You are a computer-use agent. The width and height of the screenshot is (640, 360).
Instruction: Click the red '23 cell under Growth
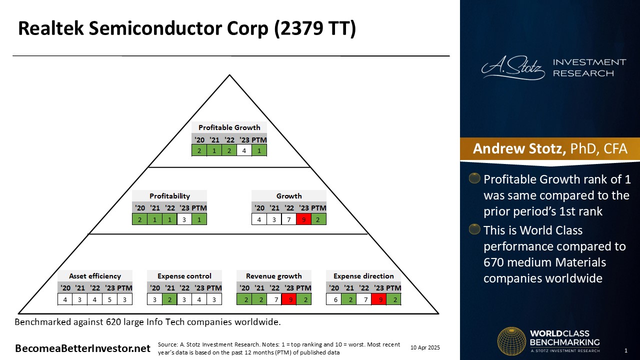pos(303,219)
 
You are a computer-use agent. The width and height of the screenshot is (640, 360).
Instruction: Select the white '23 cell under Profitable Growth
pos(244,150)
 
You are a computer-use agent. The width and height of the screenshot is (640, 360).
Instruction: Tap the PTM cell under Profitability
pos(199,219)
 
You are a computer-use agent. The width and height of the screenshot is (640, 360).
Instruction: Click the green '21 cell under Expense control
pos(169,299)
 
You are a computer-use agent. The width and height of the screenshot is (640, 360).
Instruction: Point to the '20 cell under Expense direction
pos(333,299)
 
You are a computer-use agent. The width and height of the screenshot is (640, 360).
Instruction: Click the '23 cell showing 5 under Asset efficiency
pos(109,299)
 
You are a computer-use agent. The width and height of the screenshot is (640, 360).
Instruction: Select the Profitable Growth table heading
pos(229,127)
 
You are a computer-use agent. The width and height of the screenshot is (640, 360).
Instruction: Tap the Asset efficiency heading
pos(95,276)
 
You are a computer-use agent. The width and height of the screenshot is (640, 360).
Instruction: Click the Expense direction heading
pos(363,276)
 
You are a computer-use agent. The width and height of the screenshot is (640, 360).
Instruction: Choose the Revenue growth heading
pos(273,276)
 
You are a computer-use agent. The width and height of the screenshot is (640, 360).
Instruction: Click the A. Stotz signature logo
pos(513,67)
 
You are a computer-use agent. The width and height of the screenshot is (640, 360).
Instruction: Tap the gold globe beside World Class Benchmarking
pos(511,341)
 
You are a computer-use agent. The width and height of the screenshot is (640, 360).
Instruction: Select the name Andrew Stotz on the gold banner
pos(519,148)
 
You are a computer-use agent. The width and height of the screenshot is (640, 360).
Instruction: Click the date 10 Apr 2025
pos(425,347)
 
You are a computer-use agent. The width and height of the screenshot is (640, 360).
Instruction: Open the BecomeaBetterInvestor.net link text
pos(82,348)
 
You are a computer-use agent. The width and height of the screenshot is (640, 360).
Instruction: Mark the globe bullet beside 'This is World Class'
pos(474,229)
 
